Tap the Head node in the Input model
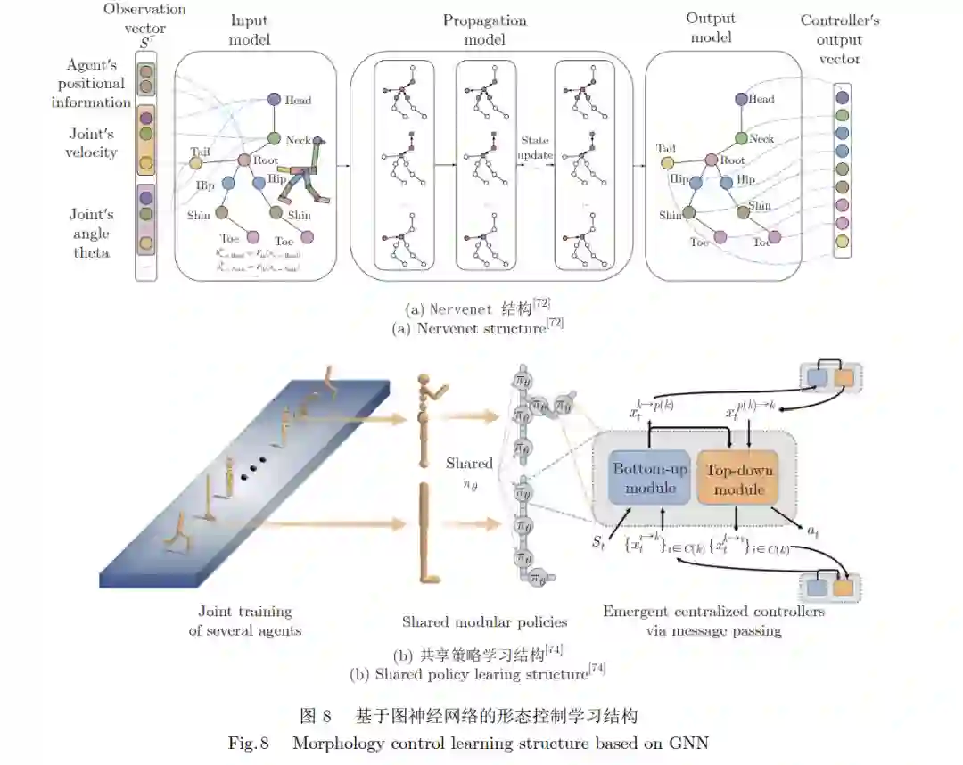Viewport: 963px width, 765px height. [275, 100]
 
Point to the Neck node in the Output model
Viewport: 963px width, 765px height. [741, 138]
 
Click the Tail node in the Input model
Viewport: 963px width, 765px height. [195, 164]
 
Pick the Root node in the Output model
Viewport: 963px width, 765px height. [712, 160]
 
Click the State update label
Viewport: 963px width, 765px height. [535, 148]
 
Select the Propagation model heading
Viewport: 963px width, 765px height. [485, 29]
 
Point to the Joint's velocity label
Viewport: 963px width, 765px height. [93, 143]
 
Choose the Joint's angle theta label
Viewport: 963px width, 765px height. [92, 234]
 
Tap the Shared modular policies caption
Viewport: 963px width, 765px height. [484, 621]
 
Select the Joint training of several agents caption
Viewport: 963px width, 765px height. [244, 621]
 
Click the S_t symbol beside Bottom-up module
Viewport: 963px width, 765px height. [600, 541]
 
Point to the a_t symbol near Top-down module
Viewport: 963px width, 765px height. [812, 532]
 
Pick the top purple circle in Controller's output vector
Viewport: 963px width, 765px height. [843, 98]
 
